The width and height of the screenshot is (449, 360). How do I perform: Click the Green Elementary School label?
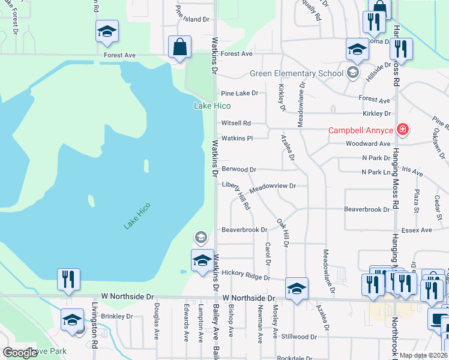tap(297, 74)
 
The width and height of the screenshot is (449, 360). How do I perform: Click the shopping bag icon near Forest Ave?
tap(180, 46)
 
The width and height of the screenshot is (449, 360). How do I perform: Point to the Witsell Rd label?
tap(236, 122)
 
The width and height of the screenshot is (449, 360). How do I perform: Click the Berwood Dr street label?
tap(239, 169)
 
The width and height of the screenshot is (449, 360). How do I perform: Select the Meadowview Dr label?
tap(273, 187)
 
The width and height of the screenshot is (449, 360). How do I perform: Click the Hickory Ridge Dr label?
tap(246, 275)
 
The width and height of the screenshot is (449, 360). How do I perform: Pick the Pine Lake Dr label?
tap(240, 93)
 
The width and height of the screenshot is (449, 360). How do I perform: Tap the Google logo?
tap(20, 352)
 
